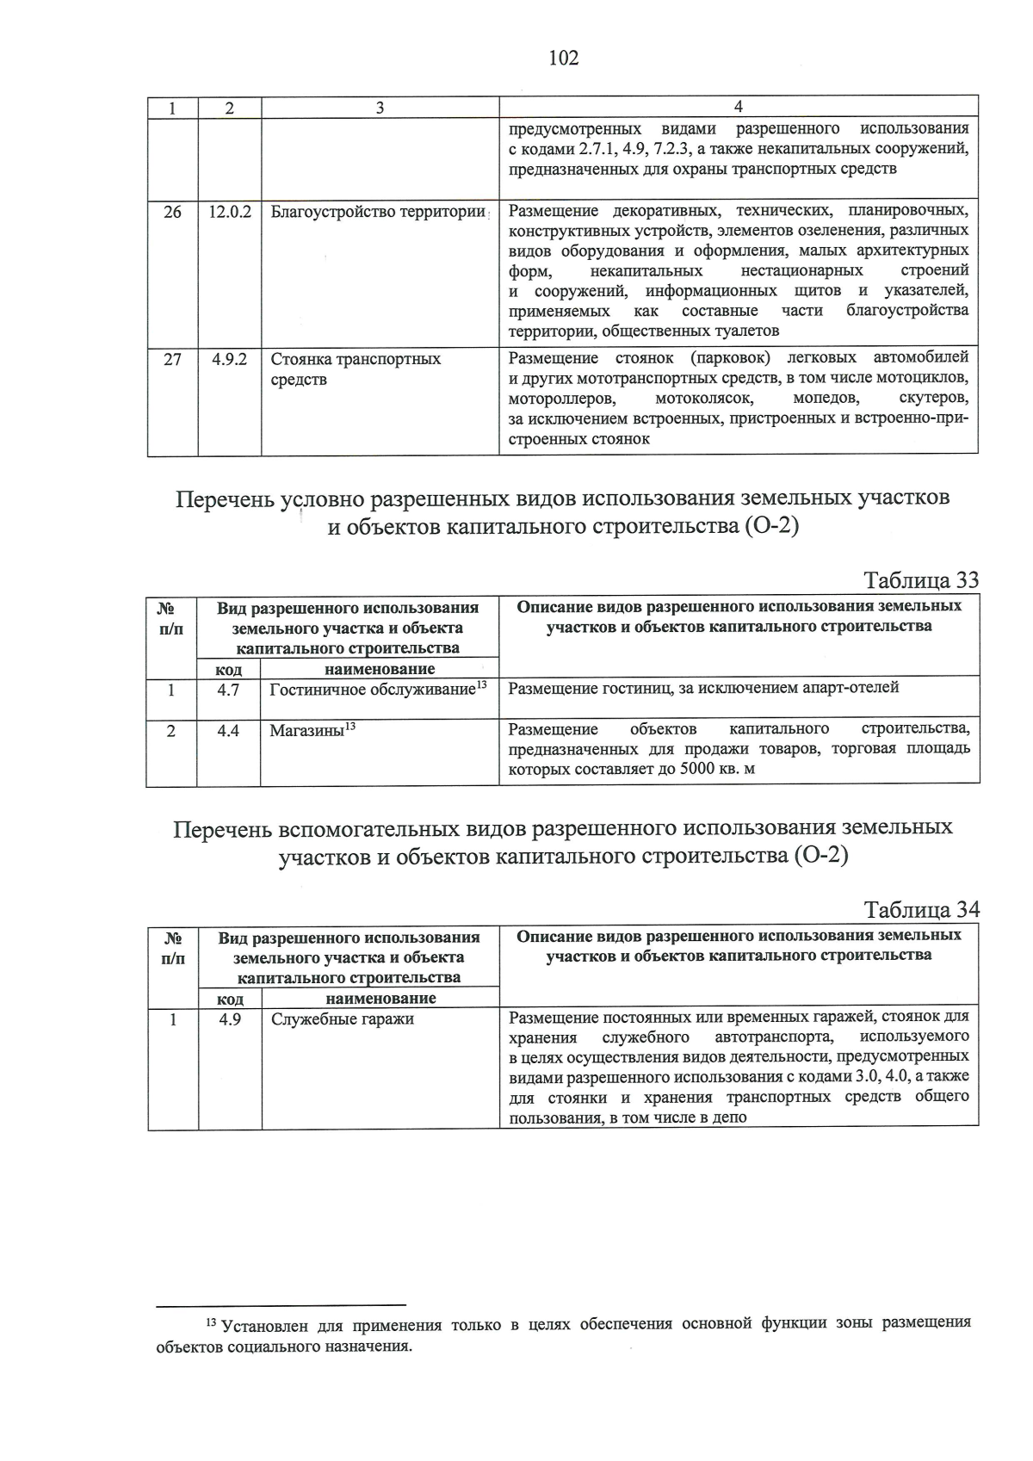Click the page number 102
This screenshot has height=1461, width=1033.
(x=563, y=58)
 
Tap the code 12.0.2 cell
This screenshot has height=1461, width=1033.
(x=229, y=212)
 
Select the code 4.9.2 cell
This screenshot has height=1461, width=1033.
(x=229, y=359)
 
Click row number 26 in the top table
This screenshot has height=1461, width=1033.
(x=172, y=212)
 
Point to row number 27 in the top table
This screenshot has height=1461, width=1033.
(x=172, y=359)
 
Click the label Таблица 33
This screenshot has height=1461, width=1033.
(x=921, y=580)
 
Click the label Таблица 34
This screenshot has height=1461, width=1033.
(x=921, y=910)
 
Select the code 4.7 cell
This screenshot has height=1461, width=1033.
(x=228, y=690)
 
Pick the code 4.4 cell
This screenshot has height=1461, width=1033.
(x=228, y=731)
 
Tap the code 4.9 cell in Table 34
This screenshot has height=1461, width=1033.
(x=229, y=1019)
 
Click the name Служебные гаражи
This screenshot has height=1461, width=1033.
(x=342, y=1019)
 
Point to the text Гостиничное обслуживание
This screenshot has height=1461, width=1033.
(x=372, y=690)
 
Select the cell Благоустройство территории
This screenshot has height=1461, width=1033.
(x=378, y=212)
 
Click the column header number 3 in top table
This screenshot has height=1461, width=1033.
(x=380, y=108)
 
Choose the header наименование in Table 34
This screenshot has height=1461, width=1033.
(x=380, y=999)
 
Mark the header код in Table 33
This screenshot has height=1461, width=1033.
(x=228, y=669)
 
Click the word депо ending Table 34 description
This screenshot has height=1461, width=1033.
(x=729, y=1117)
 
